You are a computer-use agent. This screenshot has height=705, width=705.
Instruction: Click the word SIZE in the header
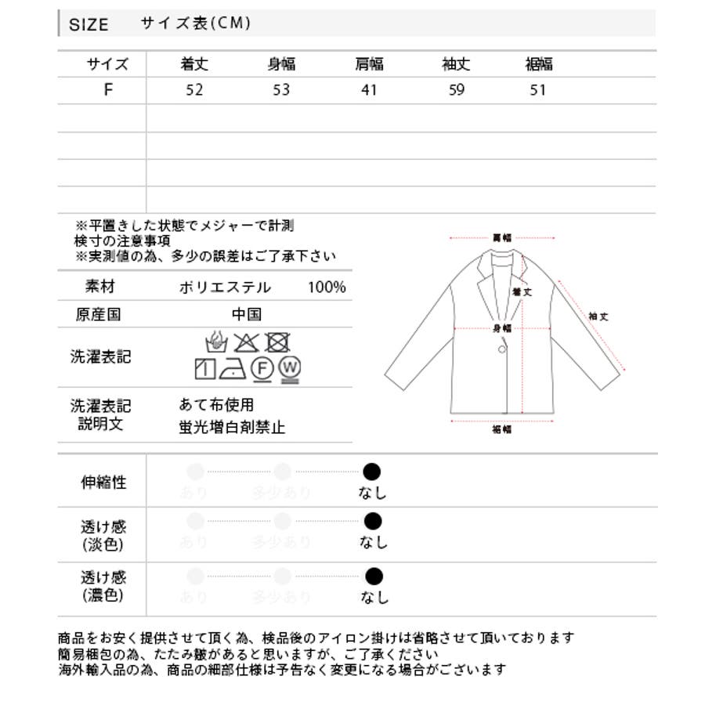pos(89,24)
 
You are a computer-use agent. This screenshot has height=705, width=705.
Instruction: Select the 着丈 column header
pos(194,64)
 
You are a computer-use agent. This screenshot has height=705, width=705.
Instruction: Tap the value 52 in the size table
pos(194,89)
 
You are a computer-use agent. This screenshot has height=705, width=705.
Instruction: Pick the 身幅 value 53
pos(281,89)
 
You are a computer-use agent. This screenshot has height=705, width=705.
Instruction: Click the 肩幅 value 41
pos(369,89)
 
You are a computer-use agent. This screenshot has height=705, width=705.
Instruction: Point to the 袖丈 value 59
pos(457,89)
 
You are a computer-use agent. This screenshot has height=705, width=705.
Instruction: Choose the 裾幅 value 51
pos(537,89)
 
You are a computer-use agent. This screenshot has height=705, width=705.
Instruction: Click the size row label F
pos(108,89)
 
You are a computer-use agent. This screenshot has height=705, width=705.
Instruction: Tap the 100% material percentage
pos(327,287)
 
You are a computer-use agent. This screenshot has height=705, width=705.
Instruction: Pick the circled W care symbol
pos(290,367)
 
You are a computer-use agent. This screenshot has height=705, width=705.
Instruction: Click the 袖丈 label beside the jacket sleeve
pos(598,316)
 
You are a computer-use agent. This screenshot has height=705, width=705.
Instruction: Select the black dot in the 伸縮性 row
pos(372,472)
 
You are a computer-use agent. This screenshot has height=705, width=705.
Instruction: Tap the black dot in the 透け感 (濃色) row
pos(374,577)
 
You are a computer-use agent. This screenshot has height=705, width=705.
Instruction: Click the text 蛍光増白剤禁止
pos(232,428)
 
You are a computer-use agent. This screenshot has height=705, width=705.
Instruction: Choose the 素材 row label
pos(100,287)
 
